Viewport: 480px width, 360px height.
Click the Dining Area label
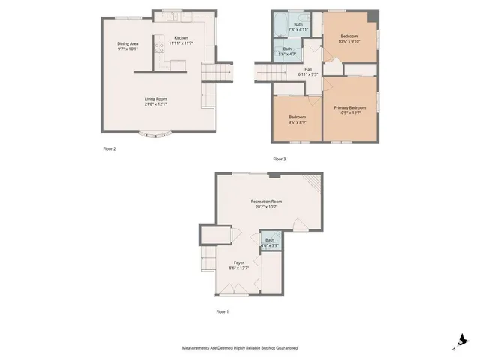click(127, 43)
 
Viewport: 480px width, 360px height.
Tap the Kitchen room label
click(181, 38)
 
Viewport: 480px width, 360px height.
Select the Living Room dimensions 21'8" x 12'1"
click(156, 103)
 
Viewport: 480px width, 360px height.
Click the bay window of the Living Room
click(156, 135)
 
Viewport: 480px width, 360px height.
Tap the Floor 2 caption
click(109, 148)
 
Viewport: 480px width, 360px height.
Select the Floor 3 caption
click(280, 159)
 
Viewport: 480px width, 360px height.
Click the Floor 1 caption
click(223, 310)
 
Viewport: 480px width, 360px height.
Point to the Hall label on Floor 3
click(307, 69)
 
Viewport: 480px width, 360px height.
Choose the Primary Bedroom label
click(350, 107)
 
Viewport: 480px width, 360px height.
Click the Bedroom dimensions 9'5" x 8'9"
click(297, 123)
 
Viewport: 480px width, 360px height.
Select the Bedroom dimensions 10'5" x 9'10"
click(350, 41)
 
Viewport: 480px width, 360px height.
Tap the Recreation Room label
click(266, 201)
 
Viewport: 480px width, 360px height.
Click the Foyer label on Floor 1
click(238, 262)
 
